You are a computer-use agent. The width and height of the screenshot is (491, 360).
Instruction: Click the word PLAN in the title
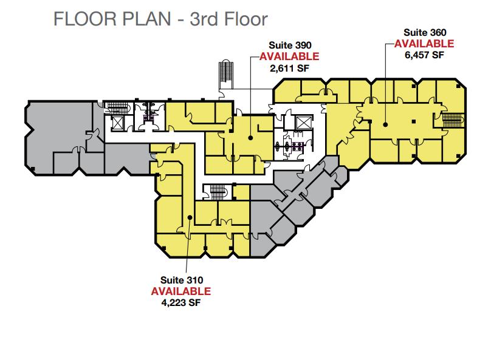[146, 19]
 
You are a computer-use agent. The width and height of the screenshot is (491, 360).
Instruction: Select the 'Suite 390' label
[290, 46]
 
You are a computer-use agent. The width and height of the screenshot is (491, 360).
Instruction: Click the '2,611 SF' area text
[289, 68]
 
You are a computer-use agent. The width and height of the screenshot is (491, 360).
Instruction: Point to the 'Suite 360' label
[425, 32]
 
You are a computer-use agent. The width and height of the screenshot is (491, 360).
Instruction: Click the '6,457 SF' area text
[424, 55]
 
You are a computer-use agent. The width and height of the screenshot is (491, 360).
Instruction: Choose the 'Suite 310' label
[182, 280]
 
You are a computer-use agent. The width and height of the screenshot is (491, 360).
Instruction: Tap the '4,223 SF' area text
[181, 302]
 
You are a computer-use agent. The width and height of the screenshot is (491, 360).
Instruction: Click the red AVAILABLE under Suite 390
[289, 56]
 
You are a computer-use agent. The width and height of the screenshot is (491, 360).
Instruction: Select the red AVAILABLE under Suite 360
[424, 44]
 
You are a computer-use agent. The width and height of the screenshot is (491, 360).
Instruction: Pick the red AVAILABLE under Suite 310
[181, 291]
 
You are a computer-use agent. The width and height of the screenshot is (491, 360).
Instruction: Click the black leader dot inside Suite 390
[250, 138]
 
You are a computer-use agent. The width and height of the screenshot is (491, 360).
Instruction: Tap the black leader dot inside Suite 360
[385, 124]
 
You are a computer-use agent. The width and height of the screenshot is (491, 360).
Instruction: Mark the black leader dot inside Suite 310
[190, 217]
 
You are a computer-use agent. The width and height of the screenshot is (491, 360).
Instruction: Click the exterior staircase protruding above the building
[226, 71]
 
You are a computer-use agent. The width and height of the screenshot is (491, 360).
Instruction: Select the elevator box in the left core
[118, 123]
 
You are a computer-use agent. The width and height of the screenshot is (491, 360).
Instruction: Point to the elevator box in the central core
[304, 122]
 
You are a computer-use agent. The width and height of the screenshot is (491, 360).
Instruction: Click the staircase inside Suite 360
[453, 120]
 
